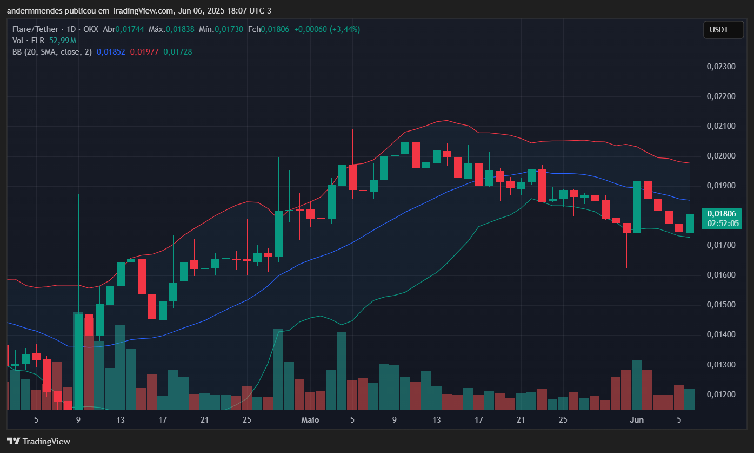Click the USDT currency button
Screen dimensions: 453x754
(723, 30)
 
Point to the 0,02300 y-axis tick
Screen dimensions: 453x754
(721, 67)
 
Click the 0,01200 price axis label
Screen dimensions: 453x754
(721, 395)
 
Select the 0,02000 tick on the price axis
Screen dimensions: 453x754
(721, 156)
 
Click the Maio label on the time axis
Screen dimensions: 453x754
(310, 420)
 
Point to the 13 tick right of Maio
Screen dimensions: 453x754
(436, 420)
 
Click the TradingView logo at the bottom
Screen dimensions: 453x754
(38, 441)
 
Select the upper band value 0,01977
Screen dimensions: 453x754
(144, 52)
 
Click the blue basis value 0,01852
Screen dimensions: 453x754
(111, 52)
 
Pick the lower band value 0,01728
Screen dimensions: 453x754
(178, 52)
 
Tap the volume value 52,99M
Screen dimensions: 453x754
(62, 41)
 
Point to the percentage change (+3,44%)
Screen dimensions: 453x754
(343, 29)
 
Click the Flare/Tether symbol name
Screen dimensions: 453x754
(34, 29)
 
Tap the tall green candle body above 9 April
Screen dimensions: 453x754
(78, 360)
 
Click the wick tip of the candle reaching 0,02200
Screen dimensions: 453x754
(342, 90)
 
